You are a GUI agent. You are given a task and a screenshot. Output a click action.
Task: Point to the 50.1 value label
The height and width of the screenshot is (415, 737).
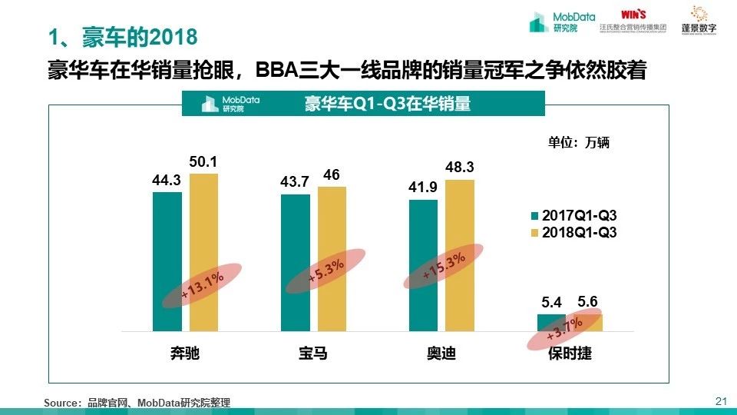(x=203, y=162)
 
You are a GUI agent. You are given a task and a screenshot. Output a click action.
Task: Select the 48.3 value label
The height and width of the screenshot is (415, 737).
(x=460, y=167)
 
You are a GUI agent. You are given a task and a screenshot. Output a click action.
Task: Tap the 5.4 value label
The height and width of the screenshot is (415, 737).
(x=553, y=303)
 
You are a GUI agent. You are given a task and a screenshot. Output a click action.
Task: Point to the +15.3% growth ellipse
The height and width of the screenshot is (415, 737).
(x=444, y=266)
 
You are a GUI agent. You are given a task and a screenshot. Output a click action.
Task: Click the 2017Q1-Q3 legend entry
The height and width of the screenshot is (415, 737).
(x=573, y=216)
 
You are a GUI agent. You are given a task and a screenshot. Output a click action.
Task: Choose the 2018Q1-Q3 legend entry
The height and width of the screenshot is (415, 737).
(x=573, y=231)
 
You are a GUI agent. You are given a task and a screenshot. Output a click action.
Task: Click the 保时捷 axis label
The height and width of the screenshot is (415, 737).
(x=570, y=354)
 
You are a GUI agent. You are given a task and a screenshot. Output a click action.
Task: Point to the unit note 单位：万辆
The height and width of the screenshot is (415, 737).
(x=578, y=142)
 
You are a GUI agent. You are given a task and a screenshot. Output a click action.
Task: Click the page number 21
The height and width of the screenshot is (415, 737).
(x=720, y=400)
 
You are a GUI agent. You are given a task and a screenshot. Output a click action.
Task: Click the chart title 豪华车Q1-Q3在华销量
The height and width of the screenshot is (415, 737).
(x=388, y=104)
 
